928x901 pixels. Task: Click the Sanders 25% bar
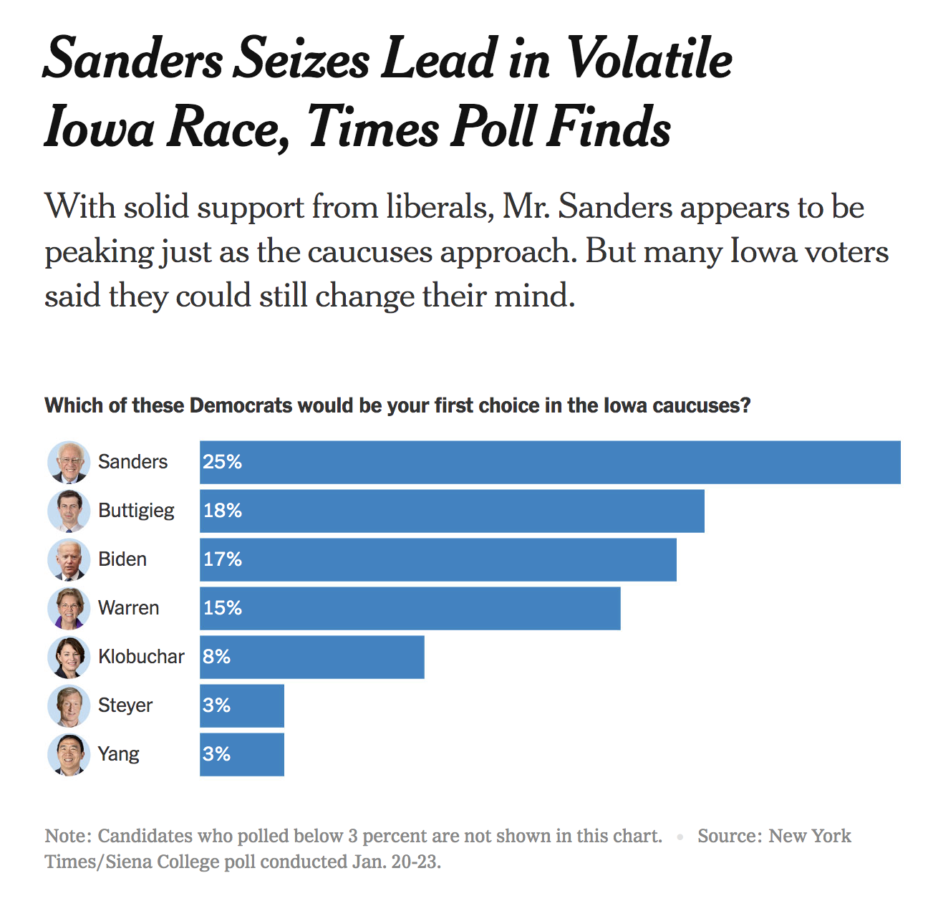[x=550, y=463]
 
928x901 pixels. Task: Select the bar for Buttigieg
[x=452, y=511]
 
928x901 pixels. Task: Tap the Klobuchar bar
[x=312, y=657]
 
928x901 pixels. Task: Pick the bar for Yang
[x=242, y=755]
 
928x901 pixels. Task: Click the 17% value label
[x=222, y=559]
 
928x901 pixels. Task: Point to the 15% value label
[x=222, y=608]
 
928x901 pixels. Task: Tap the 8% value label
[x=216, y=657]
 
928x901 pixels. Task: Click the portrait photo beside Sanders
[x=69, y=463]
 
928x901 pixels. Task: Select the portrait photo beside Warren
[x=69, y=609]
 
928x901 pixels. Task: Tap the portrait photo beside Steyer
[x=69, y=706]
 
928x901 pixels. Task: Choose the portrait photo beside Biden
[x=69, y=560]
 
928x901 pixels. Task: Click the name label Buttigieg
[x=136, y=511]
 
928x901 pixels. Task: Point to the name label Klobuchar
[x=141, y=657]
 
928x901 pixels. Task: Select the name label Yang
[x=118, y=754]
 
